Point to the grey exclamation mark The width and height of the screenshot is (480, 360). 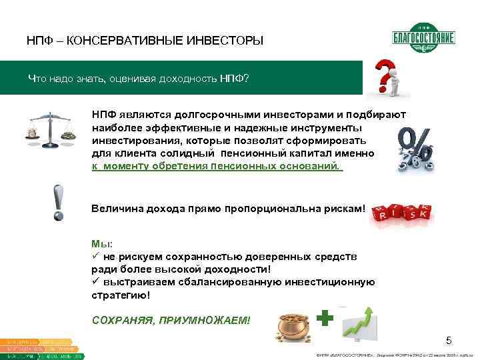pos(59,203)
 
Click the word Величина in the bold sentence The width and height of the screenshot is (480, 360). pos(113,209)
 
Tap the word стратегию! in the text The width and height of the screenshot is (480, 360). pos(121,294)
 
